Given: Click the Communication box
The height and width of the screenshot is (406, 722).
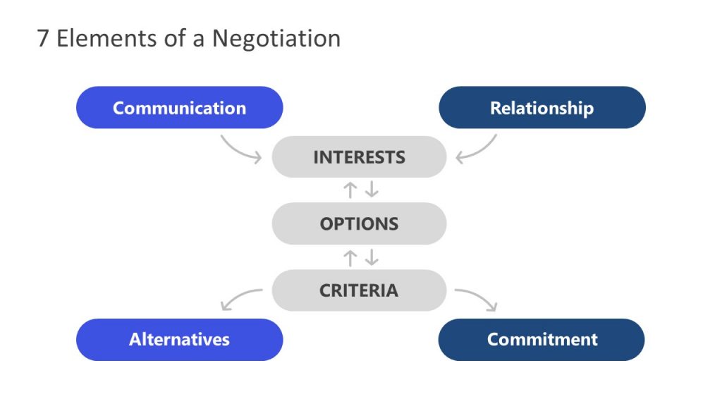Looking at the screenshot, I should coord(179,108).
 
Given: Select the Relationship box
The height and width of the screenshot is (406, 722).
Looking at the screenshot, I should coord(541,108).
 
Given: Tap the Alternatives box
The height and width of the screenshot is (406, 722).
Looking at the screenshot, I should coord(179,339).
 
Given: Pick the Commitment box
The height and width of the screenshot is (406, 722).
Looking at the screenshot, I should coord(541,339).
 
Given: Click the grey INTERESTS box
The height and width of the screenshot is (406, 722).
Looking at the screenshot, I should coord(359,156).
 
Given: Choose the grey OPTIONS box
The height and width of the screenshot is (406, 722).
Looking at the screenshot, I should coord(359,223).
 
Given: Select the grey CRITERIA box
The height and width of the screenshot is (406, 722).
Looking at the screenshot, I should coord(359,290).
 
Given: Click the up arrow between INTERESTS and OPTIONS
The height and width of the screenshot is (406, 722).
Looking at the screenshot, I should coord(349,190).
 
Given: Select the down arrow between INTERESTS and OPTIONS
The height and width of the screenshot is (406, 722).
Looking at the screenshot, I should coord(371,190).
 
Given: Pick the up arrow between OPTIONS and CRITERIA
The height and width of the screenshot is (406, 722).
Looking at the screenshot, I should coord(349,257).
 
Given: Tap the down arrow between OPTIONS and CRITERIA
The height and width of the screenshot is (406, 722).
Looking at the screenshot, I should coord(371,257).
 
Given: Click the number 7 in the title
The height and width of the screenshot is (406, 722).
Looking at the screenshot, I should coord(43,38).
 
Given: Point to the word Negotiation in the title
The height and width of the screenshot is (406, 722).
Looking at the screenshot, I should coord(276,38).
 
